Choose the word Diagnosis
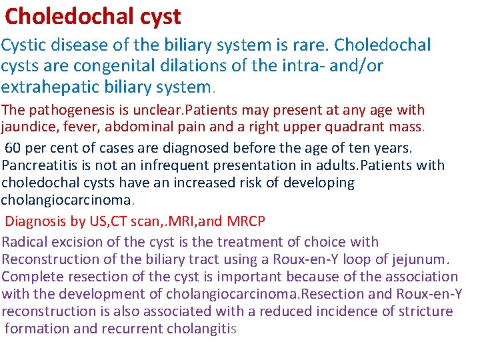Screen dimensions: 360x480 [38, 221]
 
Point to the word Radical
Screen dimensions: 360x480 [27, 242]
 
